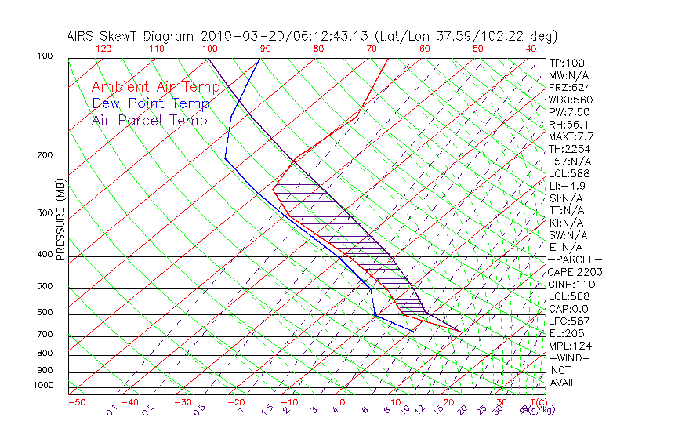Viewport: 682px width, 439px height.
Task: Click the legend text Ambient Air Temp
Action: [149, 87]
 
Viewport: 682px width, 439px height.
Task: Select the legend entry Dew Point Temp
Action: [150, 103]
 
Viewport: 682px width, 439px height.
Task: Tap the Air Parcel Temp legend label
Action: [149, 120]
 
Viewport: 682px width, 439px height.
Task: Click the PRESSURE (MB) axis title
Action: [60, 220]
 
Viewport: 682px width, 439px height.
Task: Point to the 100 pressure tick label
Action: [45, 56]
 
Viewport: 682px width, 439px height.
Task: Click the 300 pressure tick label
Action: [45, 213]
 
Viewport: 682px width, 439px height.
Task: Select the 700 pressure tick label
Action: [45, 335]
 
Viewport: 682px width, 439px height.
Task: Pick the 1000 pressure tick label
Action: [42, 386]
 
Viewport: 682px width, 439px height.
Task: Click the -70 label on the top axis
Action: [367, 49]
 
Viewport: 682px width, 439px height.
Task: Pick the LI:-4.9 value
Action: [567, 186]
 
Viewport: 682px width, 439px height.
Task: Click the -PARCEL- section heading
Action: [575, 259]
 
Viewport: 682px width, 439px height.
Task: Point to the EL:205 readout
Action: [566, 333]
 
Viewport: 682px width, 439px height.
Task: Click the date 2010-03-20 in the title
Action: [238, 36]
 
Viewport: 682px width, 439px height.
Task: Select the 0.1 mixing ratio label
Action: [111, 409]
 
